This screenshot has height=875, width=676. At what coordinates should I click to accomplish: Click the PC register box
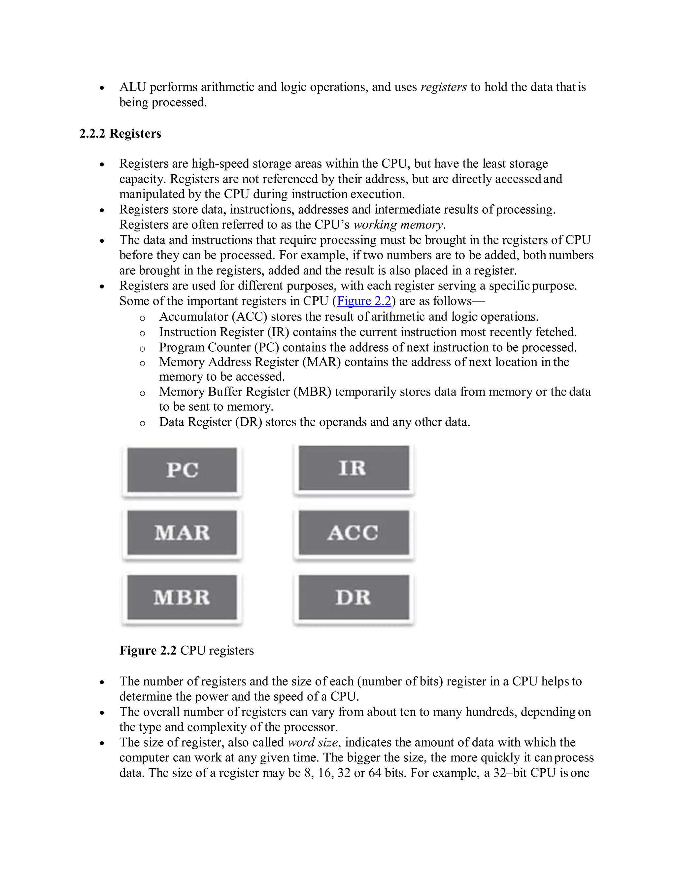(x=182, y=470)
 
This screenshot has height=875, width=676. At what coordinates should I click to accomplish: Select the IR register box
(x=354, y=468)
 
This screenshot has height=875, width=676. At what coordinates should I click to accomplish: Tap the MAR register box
(x=182, y=533)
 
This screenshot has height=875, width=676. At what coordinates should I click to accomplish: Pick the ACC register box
(x=354, y=533)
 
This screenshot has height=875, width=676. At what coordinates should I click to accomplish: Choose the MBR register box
(x=182, y=597)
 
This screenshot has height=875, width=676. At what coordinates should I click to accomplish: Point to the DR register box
(x=354, y=597)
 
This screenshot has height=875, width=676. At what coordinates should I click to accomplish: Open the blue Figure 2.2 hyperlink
(x=364, y=301)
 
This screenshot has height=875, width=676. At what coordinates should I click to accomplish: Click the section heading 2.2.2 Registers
(x=120, y=133)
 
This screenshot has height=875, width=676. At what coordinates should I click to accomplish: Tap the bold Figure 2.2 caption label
(x=148, y=650)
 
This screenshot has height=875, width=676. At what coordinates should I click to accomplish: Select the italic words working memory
(x=398, y=225)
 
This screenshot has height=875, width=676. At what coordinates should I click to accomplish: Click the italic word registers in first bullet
(x=443, y=87)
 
